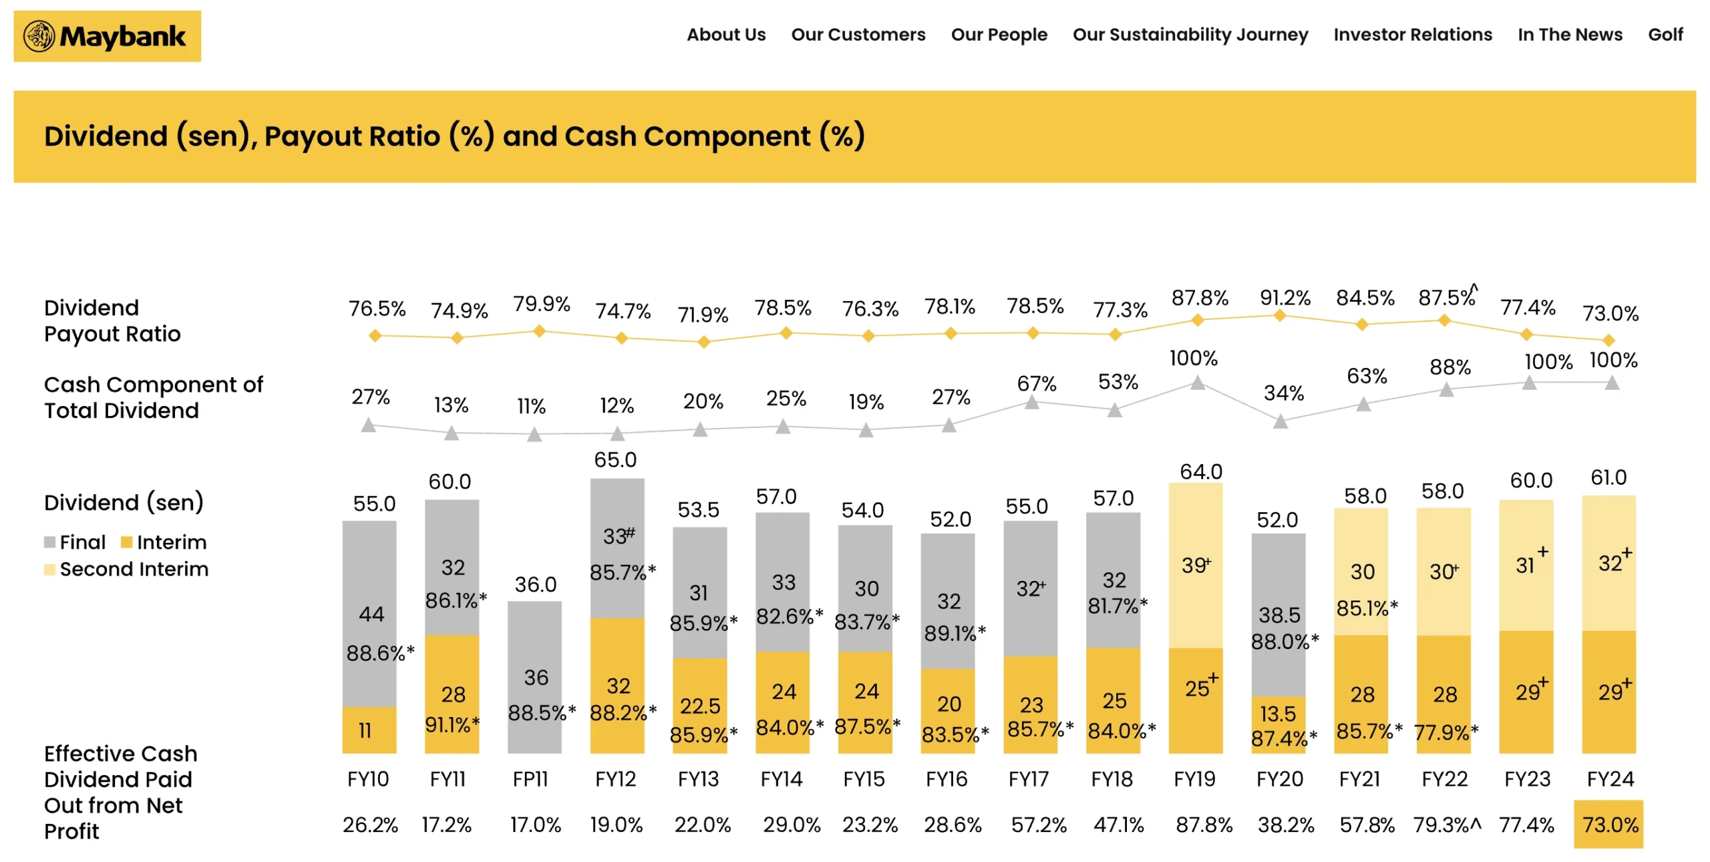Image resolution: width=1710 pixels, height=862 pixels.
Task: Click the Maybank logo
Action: (x=107, y=36)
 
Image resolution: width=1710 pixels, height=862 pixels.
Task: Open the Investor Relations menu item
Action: (x=1412, y=35)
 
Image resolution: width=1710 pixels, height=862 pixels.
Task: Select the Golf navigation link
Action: (x=1665, y=35)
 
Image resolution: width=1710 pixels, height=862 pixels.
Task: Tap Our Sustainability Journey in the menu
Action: (x=1190, y=35)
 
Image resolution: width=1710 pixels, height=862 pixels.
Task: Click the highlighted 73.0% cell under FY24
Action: (x=1608, y=824)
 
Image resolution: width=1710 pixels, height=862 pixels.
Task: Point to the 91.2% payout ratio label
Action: (x=1285, y=298)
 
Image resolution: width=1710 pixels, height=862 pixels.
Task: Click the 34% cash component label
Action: (x=1283, y=393)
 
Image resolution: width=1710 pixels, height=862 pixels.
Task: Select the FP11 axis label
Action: (x=530, y=779)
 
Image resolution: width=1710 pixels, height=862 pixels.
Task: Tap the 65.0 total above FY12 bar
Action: (x=615, y=459)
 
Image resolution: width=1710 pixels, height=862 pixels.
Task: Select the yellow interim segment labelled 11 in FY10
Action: (x=369, y=730)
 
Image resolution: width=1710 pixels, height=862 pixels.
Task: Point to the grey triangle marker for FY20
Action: (x=1280, y=421)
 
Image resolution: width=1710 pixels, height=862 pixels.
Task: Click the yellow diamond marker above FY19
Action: (x=1198, y=320)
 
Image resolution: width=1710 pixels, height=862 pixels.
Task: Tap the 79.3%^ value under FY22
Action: (x=1446, y=824)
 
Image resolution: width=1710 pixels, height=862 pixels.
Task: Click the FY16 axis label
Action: (x=946, y=779)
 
